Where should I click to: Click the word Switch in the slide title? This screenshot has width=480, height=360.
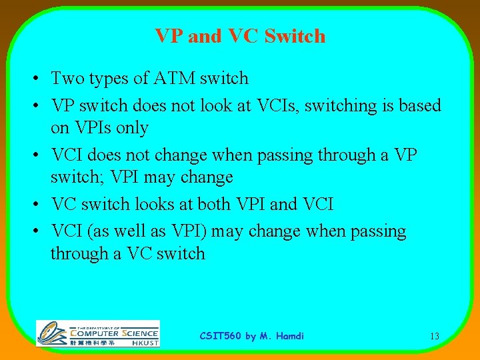click(295, 36)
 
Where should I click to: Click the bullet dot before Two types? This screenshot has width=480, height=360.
click(33, 79)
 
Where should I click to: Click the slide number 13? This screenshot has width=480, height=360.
click(434, 337)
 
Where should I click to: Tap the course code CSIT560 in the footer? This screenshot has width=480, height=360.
click(221, 336)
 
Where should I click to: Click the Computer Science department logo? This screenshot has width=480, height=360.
click(97, 333)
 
